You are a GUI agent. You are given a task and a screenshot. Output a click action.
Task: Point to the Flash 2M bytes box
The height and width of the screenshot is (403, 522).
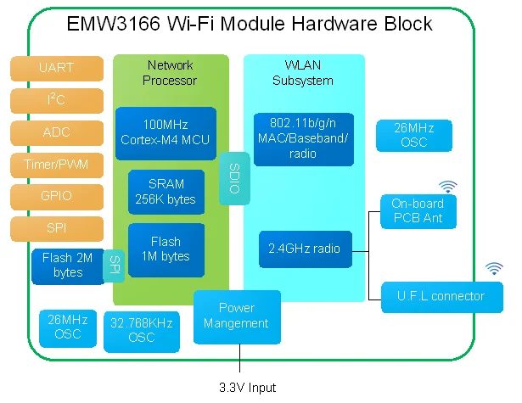coord(66,265)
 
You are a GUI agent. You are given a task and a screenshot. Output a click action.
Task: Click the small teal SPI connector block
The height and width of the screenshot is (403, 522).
coord(113,266)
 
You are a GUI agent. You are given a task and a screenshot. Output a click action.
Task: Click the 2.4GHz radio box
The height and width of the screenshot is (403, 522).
coord(304,249)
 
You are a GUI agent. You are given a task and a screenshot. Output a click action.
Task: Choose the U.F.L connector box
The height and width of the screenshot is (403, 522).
coord(441,296)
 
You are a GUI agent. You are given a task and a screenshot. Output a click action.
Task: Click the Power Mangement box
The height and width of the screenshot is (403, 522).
coord(237,316)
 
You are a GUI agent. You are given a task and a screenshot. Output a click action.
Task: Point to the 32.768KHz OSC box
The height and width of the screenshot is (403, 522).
coord(142,331)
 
